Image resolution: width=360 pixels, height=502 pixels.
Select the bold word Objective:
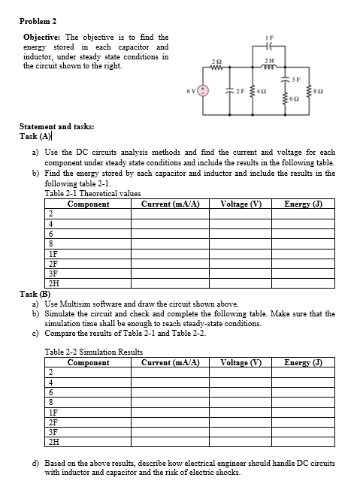(44, 37)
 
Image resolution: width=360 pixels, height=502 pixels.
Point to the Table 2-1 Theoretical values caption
(92, 194)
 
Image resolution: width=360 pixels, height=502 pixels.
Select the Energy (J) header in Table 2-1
(304, 204)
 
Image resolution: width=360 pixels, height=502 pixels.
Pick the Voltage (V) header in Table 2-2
(241, 362)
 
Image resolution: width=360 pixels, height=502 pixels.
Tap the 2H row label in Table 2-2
(51, 441)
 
